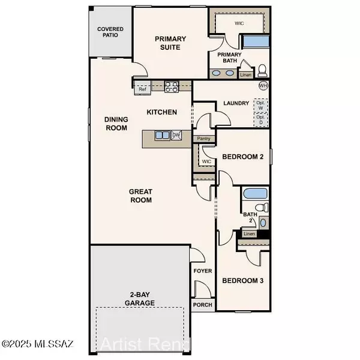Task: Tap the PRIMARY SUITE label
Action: coord(170,43)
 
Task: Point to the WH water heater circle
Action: coord(263,86)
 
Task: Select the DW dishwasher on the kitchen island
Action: coord(176,136)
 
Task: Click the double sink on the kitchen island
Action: coord(162,136)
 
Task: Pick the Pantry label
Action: coord(203,139)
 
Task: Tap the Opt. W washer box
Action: coord(260,106)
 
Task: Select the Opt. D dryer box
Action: coord(260,119)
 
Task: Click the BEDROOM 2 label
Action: coord(243,157)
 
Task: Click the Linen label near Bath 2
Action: coord(250,233)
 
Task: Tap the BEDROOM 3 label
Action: coord(243,281)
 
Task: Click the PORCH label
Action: coord(201,304)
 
